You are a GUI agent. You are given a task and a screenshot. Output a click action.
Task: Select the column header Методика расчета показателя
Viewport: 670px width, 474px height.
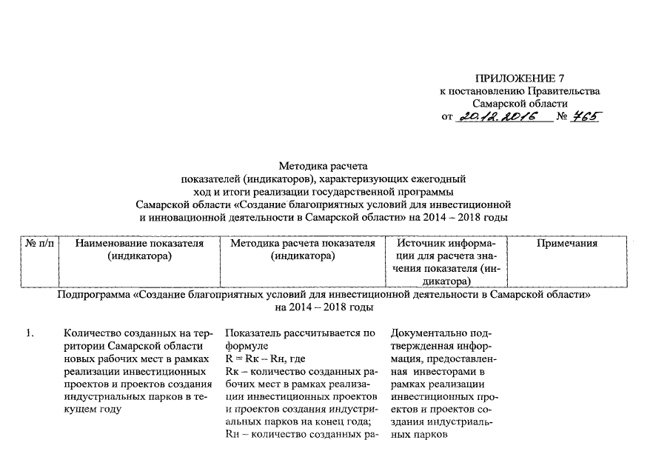tap(303, 244)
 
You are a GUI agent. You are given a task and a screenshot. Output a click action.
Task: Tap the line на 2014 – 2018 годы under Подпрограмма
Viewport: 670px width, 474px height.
tap(323, 307)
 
